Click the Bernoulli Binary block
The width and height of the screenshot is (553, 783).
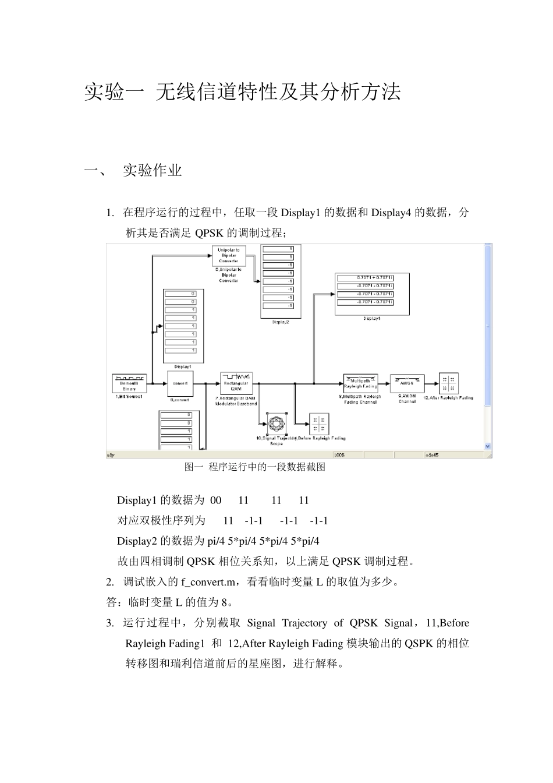[x=129, y=383]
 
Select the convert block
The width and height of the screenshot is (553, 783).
[x=180, y=383]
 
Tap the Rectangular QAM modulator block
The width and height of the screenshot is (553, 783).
[x=236, y=383]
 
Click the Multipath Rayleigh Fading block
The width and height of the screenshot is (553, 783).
[x=360, y=383]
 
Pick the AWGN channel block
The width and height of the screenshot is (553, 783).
[x=407, y=383]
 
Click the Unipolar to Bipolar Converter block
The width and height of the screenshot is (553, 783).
[x=229, y=256]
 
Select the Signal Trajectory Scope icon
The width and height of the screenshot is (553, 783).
[x=276, y=424]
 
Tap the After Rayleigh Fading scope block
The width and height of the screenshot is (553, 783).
[x=449, y=383]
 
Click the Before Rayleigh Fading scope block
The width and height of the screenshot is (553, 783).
[x=319, y=424]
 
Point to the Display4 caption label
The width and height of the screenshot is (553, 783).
[x=372, y=319]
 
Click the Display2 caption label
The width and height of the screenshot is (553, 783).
[x=281, y=322]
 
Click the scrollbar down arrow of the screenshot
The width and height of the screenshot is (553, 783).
[x=488, y=446]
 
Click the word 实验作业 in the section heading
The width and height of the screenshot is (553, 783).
[x=153, y=171]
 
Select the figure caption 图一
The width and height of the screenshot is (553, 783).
[x=193, y=467]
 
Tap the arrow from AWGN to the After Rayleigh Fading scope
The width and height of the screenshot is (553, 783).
[x=431, y=383]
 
